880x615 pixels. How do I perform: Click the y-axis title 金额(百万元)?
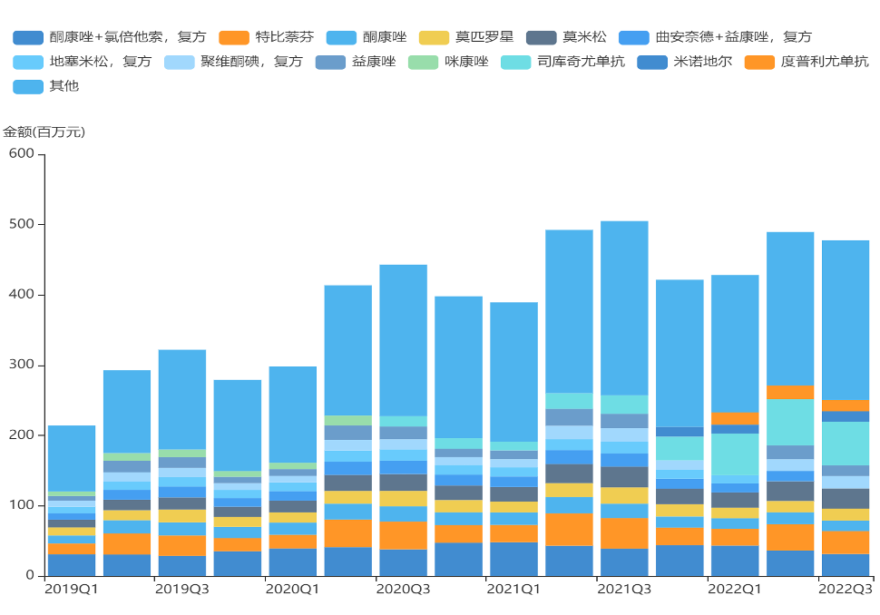pos(44,132)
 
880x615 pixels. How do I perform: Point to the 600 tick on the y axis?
pos(22,154)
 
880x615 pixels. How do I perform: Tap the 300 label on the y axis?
pos(22,365)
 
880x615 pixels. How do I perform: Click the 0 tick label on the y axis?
pos(31,575)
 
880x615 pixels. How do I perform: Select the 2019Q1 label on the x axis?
pos(72,590)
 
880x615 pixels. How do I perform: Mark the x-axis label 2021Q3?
pos(624,590)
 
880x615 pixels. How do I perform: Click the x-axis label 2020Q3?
pos(403,590)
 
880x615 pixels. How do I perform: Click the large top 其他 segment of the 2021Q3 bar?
pos(624,308)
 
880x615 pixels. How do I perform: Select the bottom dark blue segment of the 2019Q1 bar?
pos(72,564)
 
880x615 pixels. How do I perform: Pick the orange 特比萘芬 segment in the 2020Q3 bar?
pos(403,535)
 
